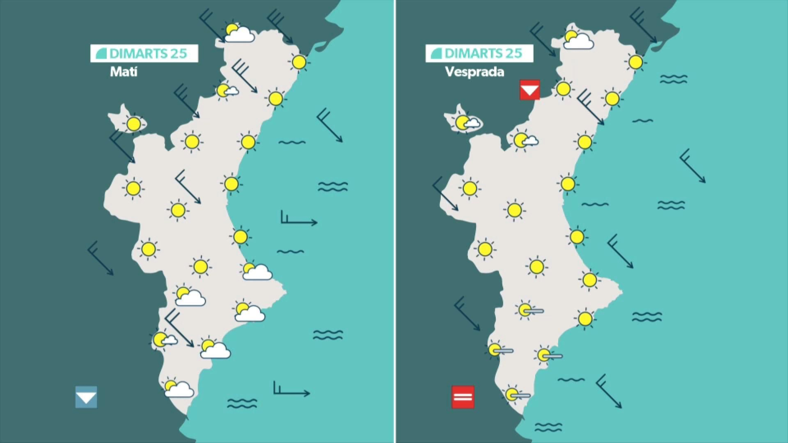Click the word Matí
point(124,72)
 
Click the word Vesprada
point(474,72)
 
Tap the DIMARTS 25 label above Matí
point(144,53)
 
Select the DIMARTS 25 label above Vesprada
point(479,53)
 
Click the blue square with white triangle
point(86,397)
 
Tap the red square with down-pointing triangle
point(530,90)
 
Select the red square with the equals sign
point(463,397)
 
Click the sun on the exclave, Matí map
point(133,124)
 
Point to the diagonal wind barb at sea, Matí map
point(329,125)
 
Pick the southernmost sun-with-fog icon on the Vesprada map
point(516,394)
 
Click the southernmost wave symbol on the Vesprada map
point(548,427)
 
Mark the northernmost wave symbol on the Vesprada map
point(673,79)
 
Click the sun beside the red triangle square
point(563,89)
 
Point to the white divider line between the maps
point(395,221)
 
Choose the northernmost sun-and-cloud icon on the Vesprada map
point(577,40)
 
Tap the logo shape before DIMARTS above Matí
point(101,53)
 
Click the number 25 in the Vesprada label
point(513,53)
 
